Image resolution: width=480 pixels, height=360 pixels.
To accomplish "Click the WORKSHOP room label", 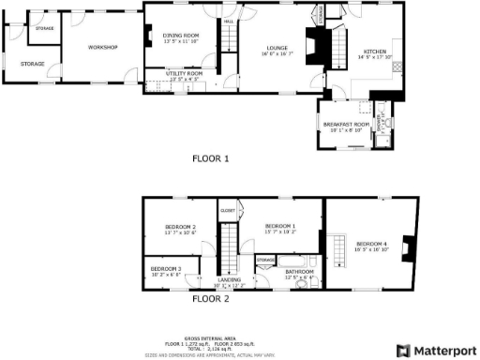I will (x=102, y=47).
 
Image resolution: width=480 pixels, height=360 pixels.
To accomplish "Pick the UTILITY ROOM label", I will (x=184, y=72).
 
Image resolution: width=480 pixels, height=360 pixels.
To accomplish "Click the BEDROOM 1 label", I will (x=280, y=227).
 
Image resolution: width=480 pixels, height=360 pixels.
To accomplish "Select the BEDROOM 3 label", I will (x=166, y=270).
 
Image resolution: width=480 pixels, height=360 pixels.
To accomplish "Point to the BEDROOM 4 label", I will (x=371, y=246).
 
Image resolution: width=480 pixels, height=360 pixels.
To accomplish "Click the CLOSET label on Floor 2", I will (x=228, y=211).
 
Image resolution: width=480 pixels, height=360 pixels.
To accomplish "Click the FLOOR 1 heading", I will (x=211, y=159).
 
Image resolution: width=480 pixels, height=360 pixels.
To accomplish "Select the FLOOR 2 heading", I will (x=211, y=301).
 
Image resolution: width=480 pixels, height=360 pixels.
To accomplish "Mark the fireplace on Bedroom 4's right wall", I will (x=406, y=247).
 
